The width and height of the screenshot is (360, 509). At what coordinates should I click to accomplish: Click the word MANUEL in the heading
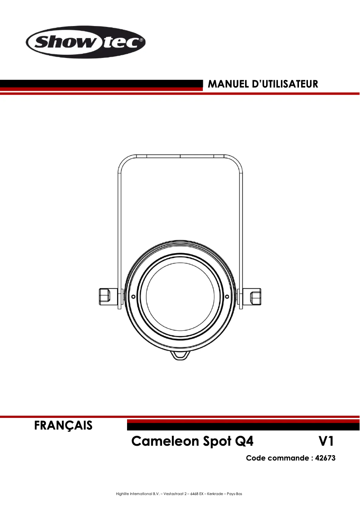[227, 84]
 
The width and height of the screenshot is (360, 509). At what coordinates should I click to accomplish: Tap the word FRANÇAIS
[64, 425]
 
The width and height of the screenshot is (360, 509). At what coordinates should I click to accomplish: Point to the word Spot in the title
[215, 441]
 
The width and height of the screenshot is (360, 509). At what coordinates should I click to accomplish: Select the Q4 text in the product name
[244, 441]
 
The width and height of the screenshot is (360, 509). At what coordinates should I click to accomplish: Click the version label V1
[325, 441]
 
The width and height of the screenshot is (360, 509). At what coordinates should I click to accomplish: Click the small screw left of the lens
[133, 297]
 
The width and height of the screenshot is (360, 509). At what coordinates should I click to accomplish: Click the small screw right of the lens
[227, 297]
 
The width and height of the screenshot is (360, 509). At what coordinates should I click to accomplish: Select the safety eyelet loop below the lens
[180, 355]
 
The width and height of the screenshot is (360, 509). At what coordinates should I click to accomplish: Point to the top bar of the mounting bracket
[180, 156]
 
